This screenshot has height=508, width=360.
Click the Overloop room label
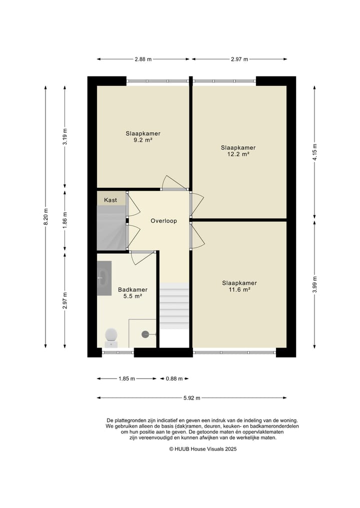pos(164,221)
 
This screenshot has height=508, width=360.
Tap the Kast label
pos(110,200)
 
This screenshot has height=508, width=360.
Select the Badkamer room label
pos(132,290)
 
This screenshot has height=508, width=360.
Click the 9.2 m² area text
pos(143,140)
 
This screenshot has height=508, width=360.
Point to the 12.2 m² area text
pos(238,154)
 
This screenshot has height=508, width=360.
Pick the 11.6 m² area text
pos(239,290)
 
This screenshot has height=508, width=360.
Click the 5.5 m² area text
pos(132,296)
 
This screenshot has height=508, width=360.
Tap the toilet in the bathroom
pos(111,338)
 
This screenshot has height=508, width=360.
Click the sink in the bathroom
pos(104,278)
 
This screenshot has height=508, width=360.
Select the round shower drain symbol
pos(145,334)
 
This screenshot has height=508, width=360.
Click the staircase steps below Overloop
pos(174,306)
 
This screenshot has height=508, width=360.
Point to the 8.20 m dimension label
pos(45,216)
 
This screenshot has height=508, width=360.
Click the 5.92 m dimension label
pos(191,398)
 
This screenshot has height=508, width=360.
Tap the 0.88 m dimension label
pos(174,379)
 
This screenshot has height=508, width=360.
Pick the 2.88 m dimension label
pos(143,59)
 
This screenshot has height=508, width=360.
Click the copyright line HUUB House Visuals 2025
pos(202,449)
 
